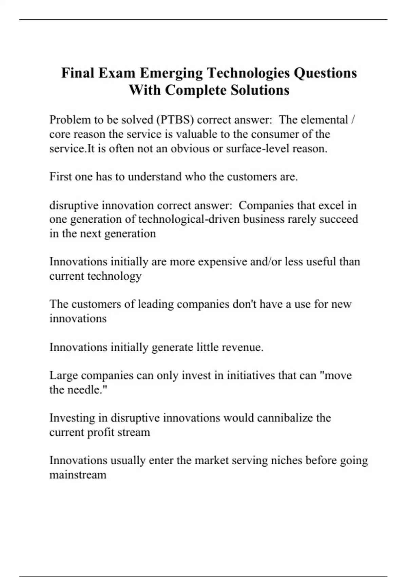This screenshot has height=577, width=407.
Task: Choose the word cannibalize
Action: (x=285, y=418)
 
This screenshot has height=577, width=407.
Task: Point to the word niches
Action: (x=287, y=461)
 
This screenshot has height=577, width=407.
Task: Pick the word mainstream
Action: (x=78, y=475)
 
